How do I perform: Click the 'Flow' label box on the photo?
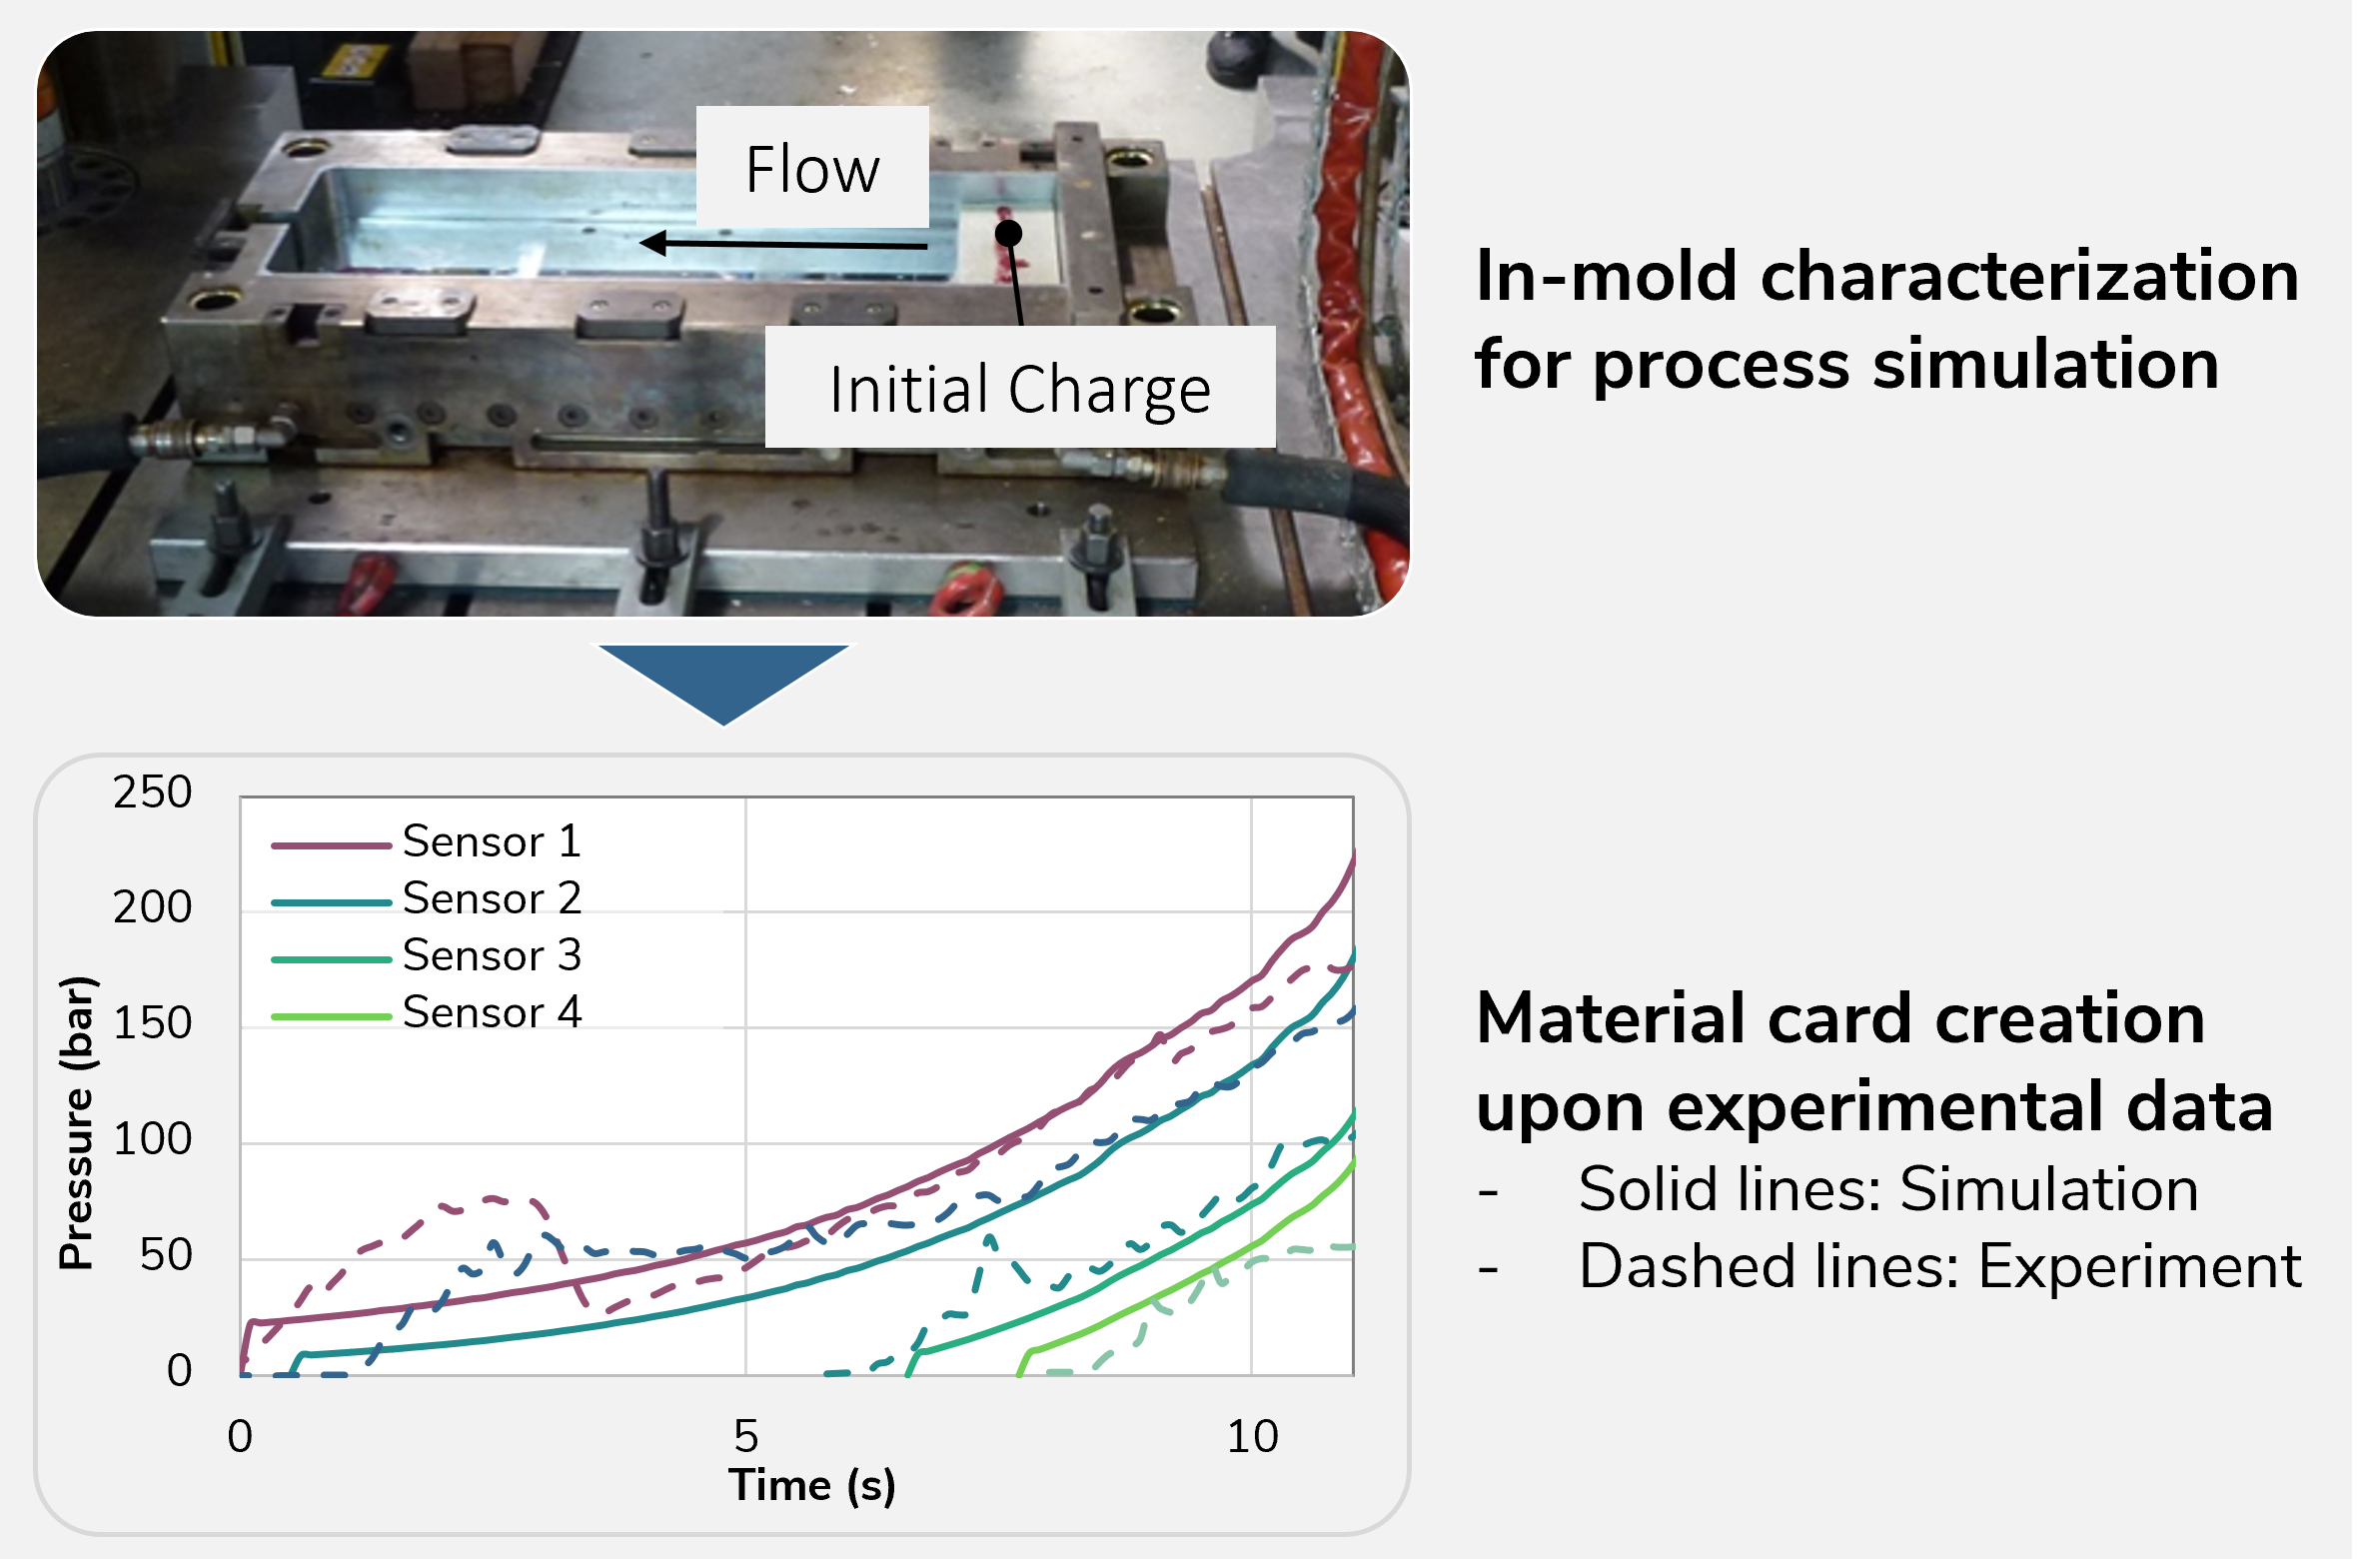pyautogui.click(x=812, y=167)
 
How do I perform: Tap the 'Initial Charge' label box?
pyautogui.click(x=1020, y=387)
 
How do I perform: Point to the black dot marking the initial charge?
pyautogui.click(x=1009, y=233)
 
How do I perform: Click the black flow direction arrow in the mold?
pyautogui.click(x=783, y=243)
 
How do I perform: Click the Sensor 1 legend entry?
pyautogui.click(x=427, y=841)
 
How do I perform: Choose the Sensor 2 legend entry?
pyautogui.click(x=427, y=898)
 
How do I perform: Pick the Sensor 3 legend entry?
pyautogui.click(x=427, y=955)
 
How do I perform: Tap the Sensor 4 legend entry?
pyautogui.click(x=427, y=1012)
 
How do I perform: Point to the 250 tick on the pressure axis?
pyautogui.click(x=152, y=791)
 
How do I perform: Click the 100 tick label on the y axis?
pyautogui.click(x=152, y=1139)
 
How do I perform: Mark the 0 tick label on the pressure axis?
pyautogui.click(x=179, y=1370)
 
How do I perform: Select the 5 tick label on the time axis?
pyautogui.click(x=746, y=1436)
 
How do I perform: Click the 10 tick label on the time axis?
pyautogui.click(x=1252, y=1436)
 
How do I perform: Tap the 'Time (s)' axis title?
pyautogui.click(x=811, y=1485)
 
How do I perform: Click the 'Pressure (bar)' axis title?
pyautogui.click(x=76, y=1122)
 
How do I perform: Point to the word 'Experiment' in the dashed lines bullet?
pyautogui.click(x=2140, y=1266)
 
